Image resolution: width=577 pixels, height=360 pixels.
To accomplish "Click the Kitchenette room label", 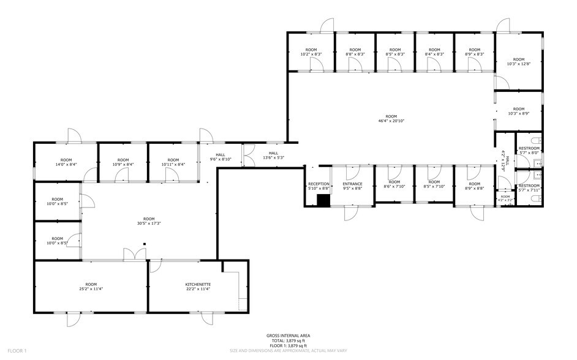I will (x=198, y=285).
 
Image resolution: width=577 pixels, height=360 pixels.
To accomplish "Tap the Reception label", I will (x=319, y=184).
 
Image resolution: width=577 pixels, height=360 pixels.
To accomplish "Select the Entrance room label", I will (x=352, y=184).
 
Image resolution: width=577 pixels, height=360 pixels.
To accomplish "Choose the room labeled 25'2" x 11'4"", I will (x=91, y=287).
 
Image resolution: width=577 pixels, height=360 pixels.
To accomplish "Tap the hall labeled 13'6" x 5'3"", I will (x=273, y=156).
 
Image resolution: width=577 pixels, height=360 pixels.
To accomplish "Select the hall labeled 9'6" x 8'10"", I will (x=220, y=157).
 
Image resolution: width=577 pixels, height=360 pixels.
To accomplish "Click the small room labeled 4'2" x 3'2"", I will (x=505, y=198).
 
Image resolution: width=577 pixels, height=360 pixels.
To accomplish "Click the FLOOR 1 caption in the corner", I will (x=16, y=351).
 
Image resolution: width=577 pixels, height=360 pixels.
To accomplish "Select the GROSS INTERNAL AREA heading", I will (x=287, y=336).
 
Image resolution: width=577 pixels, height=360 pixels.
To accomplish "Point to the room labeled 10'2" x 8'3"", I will (x=311, y=52).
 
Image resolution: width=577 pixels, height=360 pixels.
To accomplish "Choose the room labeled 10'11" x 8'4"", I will (x=173, y=162).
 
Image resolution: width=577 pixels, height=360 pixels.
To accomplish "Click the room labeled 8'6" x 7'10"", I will (x=394, y=184).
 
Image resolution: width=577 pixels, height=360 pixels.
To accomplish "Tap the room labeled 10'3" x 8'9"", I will (x=518, y=111).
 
